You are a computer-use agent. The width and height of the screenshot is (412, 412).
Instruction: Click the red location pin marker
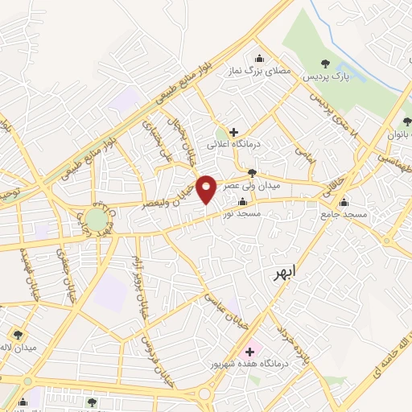pyautogui.click(x=207, y=188)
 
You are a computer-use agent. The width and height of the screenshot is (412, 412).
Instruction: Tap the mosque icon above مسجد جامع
pyautogui.click(x=345, y=202)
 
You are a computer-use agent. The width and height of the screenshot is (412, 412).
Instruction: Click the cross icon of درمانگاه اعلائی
pyautogui.click(x=233, y=131)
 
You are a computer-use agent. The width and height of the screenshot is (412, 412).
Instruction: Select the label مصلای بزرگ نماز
pyautogui.click(x=258, y=72)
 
